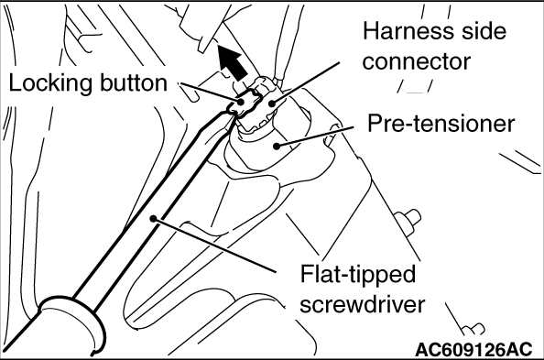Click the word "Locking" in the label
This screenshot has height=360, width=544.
50,83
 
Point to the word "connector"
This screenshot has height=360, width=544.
417,61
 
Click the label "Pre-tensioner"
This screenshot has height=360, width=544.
441,124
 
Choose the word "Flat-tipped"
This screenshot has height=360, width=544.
358,274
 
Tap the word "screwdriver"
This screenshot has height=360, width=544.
362,304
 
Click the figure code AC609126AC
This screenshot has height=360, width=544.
473,348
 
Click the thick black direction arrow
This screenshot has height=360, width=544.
232,63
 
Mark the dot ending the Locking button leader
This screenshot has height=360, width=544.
241,102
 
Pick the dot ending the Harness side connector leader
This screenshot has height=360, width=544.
272,103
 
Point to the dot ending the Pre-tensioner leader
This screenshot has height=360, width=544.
277,147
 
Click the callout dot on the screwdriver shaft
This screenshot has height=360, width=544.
153,218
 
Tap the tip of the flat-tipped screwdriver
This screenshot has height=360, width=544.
232,111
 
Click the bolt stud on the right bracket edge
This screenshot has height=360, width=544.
408,220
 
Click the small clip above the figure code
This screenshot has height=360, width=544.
473,329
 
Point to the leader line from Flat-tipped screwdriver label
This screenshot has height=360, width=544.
214,245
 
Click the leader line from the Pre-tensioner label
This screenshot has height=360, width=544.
315,136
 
